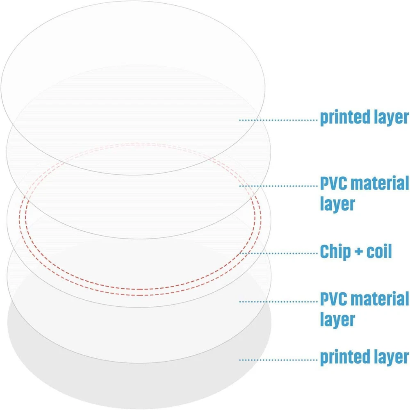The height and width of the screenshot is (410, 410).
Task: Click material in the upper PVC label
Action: [380, 184]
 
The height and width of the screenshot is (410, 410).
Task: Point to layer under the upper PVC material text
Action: [337, 203]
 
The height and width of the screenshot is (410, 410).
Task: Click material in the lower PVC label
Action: [380, 299]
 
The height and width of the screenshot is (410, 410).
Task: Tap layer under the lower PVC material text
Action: [337, 319]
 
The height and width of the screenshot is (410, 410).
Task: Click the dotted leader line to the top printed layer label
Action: [279, 120]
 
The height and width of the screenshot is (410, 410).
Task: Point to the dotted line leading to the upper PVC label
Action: [279, 185]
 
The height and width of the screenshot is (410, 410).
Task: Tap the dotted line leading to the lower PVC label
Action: [279, 301]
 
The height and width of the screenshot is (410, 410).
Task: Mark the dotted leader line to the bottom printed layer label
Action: [279, 360]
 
